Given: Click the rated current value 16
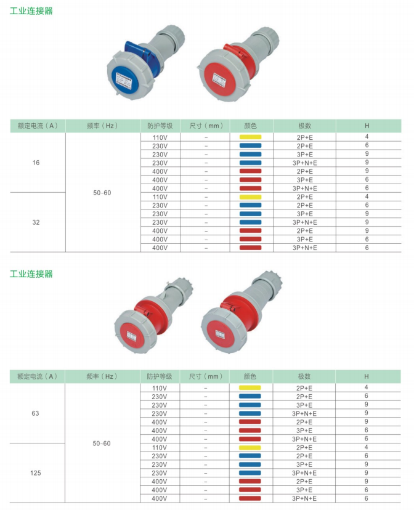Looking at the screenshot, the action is click(36, 163).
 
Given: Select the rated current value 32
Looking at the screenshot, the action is click(36, 222).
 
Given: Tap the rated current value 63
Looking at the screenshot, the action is click(35, 413).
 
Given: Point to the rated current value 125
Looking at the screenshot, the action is click(36, 473).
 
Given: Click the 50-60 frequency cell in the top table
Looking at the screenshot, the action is click(102, 193).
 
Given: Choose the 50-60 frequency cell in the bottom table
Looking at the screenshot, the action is click(102, 443).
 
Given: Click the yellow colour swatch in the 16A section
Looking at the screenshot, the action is click(250, 137).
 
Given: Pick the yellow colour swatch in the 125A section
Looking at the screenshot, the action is click(250, 448).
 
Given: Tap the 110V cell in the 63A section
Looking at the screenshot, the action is click(160, 388).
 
